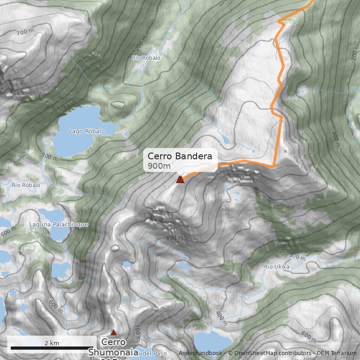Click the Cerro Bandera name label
click(180, 157)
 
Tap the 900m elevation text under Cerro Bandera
click(159, 166)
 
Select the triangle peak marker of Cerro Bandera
click(180, 180)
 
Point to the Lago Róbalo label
click(86, 131)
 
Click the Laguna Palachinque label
click(58, 224)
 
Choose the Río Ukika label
click(276, 266)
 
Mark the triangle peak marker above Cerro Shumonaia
click(113, 333)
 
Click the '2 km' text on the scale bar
click(52, 343)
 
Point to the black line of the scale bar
click(52, 348)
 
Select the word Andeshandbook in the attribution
click(200, 353)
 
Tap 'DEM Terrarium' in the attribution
click(333, 353)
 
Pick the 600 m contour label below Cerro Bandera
click(175, 238)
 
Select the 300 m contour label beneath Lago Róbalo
click(49, 157)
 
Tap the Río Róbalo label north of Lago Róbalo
click(146, 58)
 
